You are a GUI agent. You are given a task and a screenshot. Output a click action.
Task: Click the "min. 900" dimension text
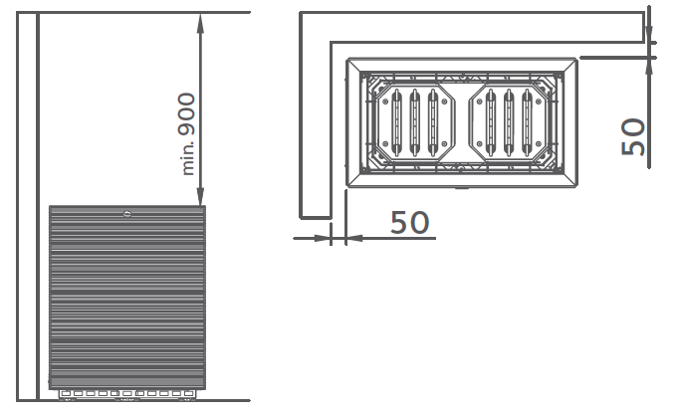pyautogui.click(x=187, y=134)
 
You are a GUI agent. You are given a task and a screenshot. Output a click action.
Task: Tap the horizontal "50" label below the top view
pyautogui.click(x=409, y=222)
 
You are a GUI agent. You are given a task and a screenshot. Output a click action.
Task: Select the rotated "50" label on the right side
pyautogui.click(x=633, y=136)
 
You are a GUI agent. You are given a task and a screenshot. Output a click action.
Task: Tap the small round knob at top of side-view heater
pyautogui.click(x=127, y=213)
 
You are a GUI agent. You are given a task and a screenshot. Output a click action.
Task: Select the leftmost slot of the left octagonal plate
pyautogui.click(x=396, y=122)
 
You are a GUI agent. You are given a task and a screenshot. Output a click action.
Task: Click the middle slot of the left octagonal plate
pyautogui.click(x=414, y=122)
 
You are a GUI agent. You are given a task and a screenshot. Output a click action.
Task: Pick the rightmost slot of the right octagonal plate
pyautogui.click(x=527, y=122)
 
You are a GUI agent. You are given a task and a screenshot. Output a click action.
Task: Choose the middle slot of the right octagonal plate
pyautogui.click(x=509, y=122)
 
